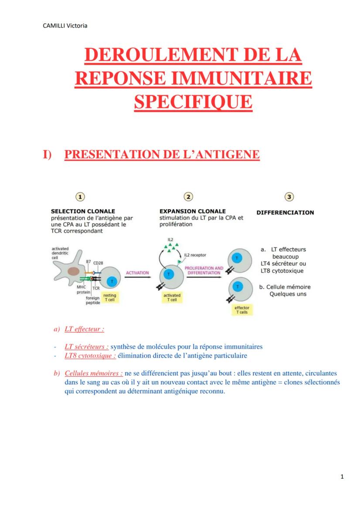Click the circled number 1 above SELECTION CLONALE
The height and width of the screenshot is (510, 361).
point(80,197)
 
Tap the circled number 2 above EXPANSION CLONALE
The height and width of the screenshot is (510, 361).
point(188,197)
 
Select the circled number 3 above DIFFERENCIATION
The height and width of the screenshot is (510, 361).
point(289,197)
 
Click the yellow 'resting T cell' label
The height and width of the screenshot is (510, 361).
point(110,297)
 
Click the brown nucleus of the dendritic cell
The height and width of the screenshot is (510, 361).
point(73,271)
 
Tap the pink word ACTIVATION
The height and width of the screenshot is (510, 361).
point(137,273)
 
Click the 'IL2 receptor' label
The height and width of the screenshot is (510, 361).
point(195,255)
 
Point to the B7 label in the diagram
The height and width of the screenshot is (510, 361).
point(89,262)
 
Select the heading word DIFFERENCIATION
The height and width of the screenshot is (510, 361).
point(285,213)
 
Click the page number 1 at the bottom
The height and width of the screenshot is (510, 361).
point(342,476)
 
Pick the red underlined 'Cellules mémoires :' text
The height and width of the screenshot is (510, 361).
point(93,374)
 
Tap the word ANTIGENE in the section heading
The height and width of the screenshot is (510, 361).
point(224,154)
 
